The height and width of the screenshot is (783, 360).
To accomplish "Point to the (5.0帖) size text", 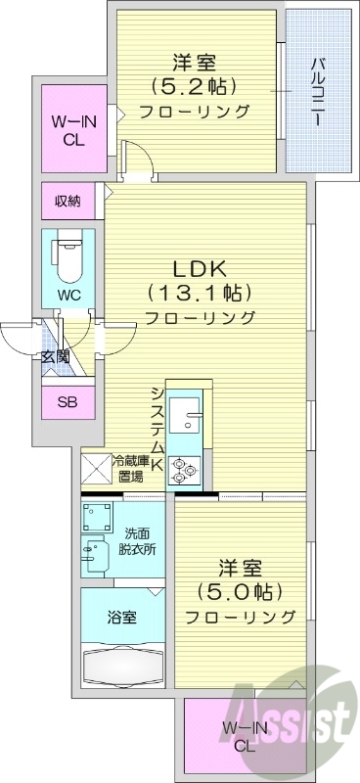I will (240, 591).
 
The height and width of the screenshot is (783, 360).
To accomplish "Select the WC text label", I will (67, 294).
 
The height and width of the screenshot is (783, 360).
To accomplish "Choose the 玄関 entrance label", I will (55, 355).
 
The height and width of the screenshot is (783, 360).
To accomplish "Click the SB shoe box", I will (67, 401).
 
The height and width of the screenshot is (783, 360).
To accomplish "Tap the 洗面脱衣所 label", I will (136, 540).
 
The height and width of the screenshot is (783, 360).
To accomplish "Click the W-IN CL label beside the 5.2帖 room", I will (67, 131).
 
